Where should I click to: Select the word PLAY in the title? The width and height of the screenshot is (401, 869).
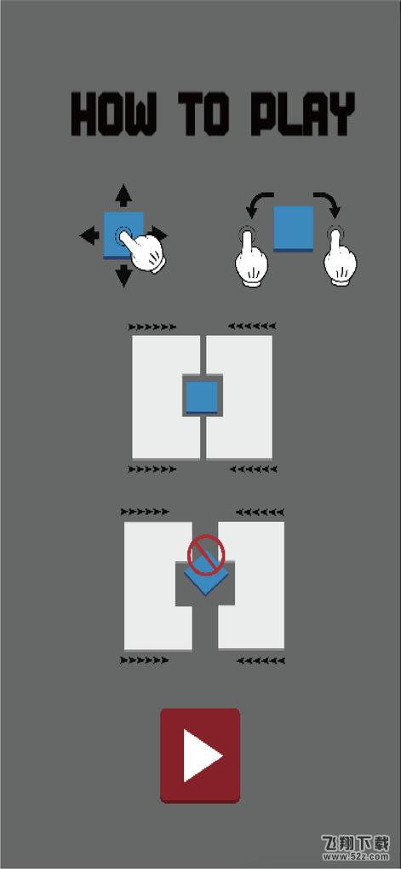pos(302,115)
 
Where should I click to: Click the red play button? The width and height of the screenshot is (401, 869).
pos(200,756)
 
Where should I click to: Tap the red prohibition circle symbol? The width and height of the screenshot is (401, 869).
pos(206,553)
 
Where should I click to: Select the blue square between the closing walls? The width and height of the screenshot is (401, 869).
pos(202,397)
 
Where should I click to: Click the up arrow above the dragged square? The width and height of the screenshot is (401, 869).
pos(123,195)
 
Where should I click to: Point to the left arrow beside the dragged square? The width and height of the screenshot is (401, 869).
pos(89,236)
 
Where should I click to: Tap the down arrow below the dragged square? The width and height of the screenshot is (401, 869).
pos(123,275)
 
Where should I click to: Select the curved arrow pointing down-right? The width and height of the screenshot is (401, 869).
pos(327,205)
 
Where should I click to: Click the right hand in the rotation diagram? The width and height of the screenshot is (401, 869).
pos(339,257)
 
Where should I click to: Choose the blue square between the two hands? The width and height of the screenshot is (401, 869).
pos(294,229)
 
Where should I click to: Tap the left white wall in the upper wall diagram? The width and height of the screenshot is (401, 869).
pos(166,397)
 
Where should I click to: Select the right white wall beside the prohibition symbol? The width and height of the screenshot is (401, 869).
pos(251,585)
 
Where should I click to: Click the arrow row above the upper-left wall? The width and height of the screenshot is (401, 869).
pos(152,327)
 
